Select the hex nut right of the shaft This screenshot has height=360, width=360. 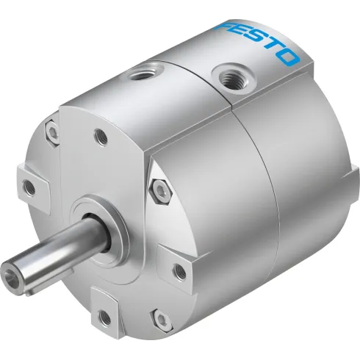click(x=160, y=188)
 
